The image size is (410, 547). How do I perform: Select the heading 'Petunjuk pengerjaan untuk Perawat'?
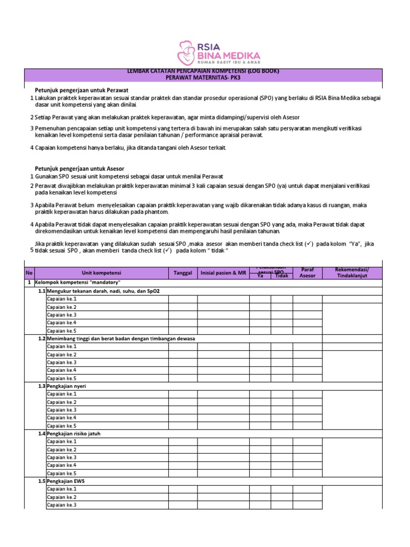tap(82, 90)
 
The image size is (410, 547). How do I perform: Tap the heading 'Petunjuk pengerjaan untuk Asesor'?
tap(80, 168)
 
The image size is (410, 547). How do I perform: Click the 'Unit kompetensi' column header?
tap(101, 273)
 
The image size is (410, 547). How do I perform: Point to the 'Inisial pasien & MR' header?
tap(223, 273)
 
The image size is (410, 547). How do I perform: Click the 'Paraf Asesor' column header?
tap(307, 272)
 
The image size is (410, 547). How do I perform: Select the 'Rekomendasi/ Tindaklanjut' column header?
tap(352, 272)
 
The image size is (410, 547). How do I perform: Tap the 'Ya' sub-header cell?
tap(260, 276)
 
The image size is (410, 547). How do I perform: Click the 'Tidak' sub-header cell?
tap(281, 276)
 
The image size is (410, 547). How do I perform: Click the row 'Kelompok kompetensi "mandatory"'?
tap(78, 282)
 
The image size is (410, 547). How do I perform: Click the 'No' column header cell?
tap(29, 273)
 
